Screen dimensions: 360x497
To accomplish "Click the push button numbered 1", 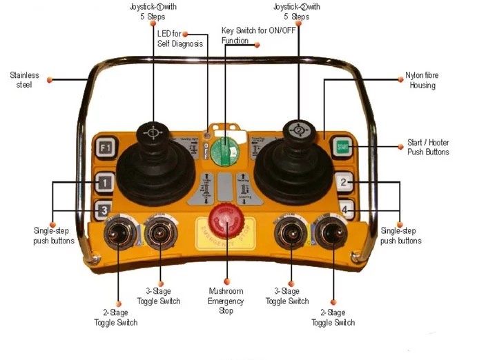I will click(104, 183).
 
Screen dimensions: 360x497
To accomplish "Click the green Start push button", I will click(341, 146).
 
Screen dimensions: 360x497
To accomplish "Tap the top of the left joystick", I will click(151, 131).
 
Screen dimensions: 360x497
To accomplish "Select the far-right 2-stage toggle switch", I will click(331, 235).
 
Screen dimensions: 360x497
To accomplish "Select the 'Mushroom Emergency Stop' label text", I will click(226, 301).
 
